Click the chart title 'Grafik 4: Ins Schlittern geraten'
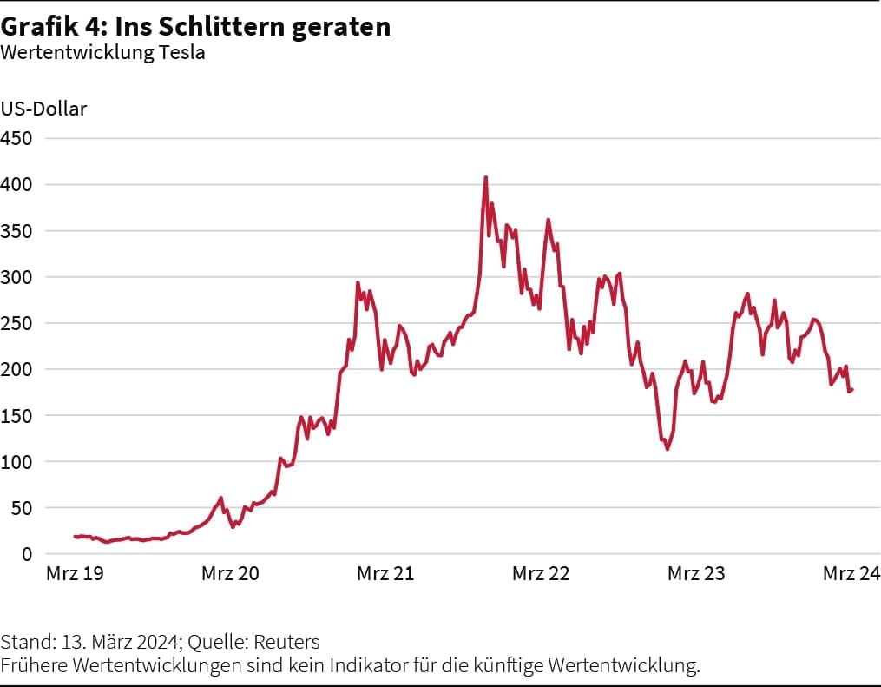(x=195, y=27)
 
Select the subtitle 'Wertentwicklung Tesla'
(x=102, y=52)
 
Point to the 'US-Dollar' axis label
(x=43, y=109)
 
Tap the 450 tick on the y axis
(x=16, y=138)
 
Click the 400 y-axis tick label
(x=16, y=184)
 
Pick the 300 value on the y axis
(x=16, y=277)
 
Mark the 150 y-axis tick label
(x=16, y=415)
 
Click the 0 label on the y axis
(x=27, y=554)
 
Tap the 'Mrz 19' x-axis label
(x=75, y=573)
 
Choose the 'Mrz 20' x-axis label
(x=230, y=573)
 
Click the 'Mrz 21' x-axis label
(x=385, y=573)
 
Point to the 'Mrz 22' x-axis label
(x=541, y=573)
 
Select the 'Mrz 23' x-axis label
(x=696, y=573)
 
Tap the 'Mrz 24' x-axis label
(x=851, y=573)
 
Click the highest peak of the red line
(x=485, y=178)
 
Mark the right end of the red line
(x=852, y=389)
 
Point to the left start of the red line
(x=75, y=537)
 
